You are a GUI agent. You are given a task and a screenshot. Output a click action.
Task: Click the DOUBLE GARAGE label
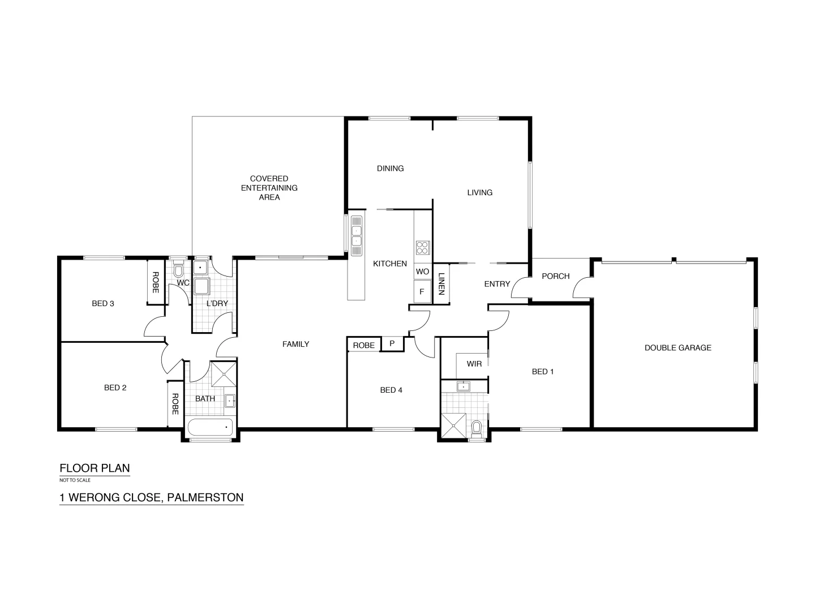[677, 348]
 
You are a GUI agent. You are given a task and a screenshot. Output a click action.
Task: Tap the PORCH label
[555, 276]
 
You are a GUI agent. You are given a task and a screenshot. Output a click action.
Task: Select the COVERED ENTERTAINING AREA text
[269, 188]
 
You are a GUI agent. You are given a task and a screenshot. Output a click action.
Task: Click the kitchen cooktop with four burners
[423, 247]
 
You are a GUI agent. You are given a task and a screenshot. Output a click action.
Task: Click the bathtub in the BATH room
[210, 428]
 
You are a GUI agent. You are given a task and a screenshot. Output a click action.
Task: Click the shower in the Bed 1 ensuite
[455, 426]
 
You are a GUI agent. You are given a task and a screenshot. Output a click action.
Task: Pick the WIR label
[474, 364]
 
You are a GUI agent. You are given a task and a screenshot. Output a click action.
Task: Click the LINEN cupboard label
[441, 284]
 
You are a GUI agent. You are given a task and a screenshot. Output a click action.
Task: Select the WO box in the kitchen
[422, 272]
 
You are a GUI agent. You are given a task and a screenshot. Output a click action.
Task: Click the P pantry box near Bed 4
[392, 344]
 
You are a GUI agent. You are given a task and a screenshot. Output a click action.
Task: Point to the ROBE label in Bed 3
[156, 282]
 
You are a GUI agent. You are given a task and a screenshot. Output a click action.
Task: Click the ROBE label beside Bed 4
[363, 345]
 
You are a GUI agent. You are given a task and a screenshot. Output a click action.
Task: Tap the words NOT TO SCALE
[75, 480]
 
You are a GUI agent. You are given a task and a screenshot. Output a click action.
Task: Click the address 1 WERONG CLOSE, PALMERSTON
[152, 498]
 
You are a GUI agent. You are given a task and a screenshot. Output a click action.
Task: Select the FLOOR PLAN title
[95, 468]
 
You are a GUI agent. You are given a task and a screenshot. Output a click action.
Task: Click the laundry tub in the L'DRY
[201, 286]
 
